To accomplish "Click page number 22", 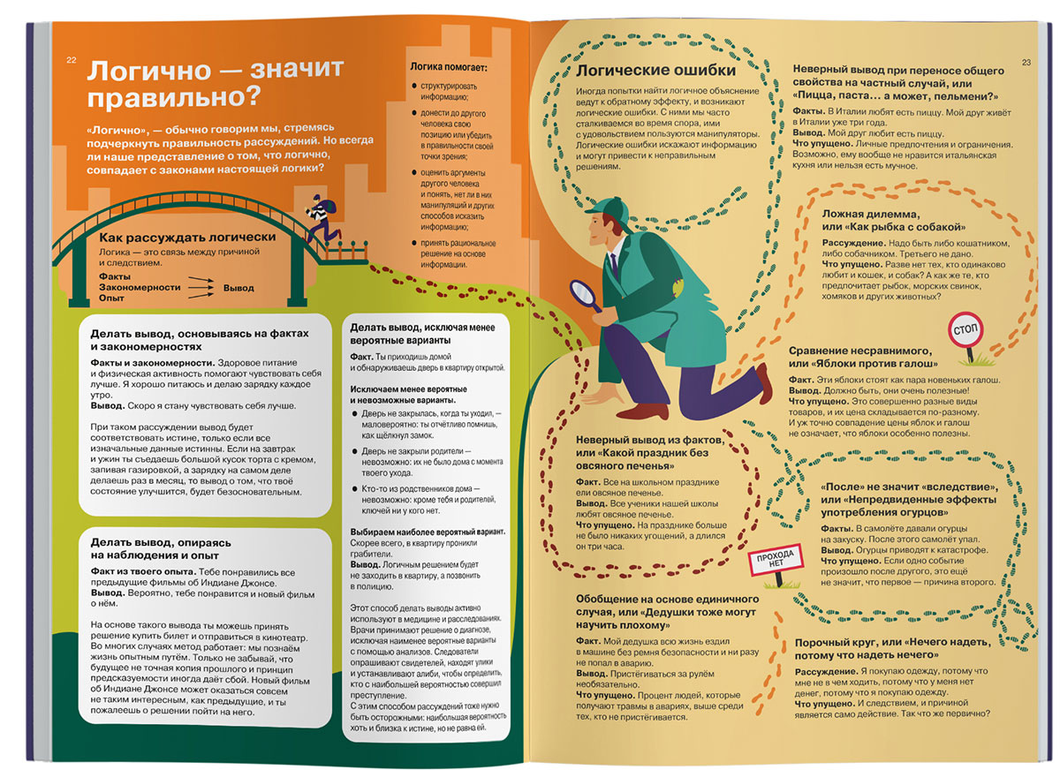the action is (x=72, y=60).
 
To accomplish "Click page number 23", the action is (x=1026, y=63).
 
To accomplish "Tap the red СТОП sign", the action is (x=965, y=329).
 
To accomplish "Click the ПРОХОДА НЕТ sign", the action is (x=776, y=560).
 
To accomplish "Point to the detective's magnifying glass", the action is (x=586, y=296).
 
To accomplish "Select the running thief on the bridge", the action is (x=322, y=218).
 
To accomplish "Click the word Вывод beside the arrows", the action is (x=238, y=288).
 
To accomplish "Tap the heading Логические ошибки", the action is (x=655, y=71).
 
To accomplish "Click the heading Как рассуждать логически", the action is (x=187, y=238).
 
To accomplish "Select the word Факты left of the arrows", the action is (x=115, y=276).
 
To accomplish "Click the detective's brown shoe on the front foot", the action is (x=642, y=411).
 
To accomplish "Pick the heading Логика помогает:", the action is (x=449, y=67).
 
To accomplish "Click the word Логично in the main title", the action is (x=149, y=71).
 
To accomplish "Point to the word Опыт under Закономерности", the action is (x=111, y=298).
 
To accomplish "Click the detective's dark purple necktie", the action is (x=614, y=265).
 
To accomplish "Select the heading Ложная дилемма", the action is (x=871, y=215).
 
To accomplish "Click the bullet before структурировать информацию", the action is (x=413, y=86).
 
